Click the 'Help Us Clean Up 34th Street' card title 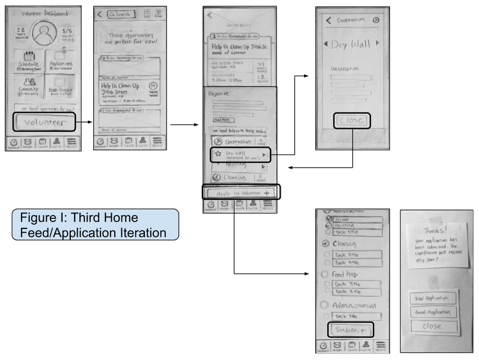[120, 88]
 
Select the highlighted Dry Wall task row [240, 155]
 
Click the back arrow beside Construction [328, 20]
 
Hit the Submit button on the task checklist [350, 330]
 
